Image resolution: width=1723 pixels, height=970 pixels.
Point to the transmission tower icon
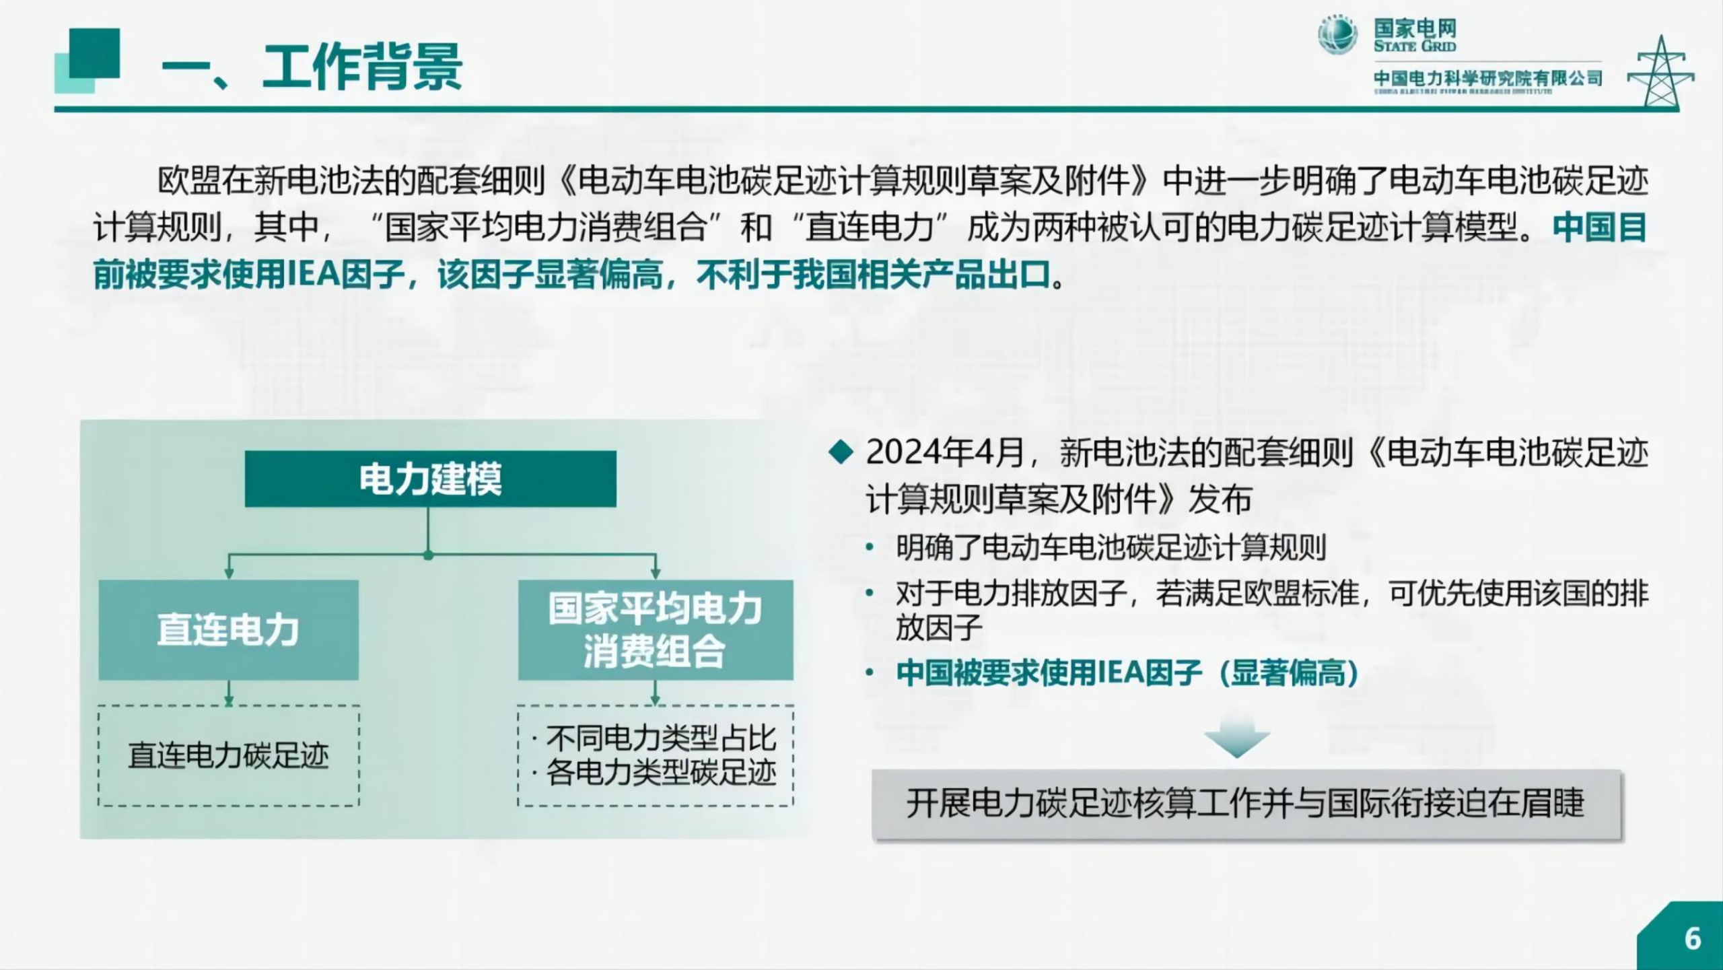1661,73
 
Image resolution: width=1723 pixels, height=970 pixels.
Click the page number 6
1693,938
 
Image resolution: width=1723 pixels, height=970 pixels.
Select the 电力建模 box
430,479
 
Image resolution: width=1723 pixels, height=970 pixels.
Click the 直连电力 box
228,630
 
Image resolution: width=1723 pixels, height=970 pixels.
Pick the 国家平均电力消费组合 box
655,630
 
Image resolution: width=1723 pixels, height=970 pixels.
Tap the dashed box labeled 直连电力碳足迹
229,755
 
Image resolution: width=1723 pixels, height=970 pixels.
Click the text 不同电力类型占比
661,738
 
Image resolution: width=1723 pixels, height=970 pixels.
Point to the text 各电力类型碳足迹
661,772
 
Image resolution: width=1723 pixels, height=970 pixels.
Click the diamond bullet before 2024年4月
841,452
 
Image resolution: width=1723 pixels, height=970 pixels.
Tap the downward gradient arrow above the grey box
1237,738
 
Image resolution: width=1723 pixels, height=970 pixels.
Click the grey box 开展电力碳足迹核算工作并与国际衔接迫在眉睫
1246,804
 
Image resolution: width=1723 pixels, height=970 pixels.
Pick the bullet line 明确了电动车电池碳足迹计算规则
1111,547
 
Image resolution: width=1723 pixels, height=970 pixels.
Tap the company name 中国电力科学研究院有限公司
1487,79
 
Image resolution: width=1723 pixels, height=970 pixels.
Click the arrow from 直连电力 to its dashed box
229,693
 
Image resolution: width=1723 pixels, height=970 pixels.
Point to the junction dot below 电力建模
428,556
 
